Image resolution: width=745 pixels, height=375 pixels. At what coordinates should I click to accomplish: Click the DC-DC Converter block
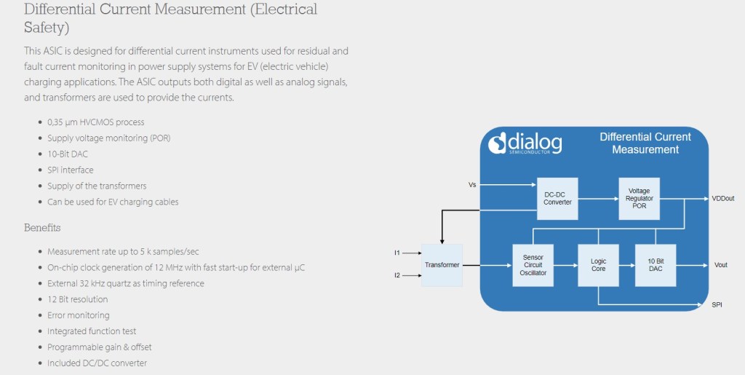[557, 198]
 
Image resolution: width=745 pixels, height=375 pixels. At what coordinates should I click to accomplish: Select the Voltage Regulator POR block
[640, 198]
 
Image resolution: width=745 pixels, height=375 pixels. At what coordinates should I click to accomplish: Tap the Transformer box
[442, 265]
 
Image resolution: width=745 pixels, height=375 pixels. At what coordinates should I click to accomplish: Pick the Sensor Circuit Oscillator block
[533, 265]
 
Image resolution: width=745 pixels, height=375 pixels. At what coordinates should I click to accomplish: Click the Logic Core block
[598, 265]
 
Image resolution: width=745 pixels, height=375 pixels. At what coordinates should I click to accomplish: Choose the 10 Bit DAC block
[656, 265]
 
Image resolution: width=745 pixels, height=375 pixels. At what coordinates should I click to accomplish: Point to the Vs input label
[472, 185]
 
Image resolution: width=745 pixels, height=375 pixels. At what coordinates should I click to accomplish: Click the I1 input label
[397, 253]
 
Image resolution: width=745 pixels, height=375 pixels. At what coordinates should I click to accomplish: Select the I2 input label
[397, 276]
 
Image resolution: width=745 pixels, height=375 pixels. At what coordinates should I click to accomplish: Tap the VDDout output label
[723, 198]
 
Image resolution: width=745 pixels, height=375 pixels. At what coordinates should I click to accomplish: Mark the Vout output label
[720, 265]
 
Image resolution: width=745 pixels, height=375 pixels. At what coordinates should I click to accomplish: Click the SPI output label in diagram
[717, 304]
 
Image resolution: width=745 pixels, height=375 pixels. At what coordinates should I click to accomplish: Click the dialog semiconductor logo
[525, 143]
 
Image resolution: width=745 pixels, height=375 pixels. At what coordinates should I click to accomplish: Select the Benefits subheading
[42, 227]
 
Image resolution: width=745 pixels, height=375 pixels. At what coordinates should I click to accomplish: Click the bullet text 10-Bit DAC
[68, 154]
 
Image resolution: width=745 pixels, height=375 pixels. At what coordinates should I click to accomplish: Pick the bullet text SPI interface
[71, 170]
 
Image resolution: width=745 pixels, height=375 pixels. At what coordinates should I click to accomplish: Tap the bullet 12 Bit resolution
[77, 299]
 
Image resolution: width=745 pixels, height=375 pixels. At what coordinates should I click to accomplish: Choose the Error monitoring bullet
[79, 315]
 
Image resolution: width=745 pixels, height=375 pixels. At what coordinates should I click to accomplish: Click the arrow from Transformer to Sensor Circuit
[487, 265]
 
